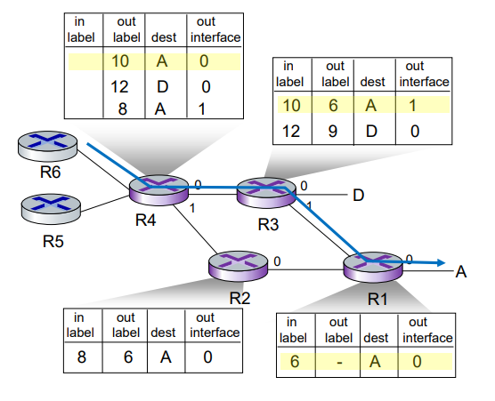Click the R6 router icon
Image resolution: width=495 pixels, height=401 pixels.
click(x=47, y=147)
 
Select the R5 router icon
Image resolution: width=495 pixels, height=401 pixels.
click(x=51, y=209)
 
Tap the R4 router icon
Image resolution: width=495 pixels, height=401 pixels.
click(x=158, y=190)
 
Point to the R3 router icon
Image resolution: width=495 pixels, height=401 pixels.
click(x=266, y=193)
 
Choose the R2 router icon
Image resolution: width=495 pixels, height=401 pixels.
click(x=239, y=266)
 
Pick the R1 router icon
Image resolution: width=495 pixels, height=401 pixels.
click(x=373, y=268)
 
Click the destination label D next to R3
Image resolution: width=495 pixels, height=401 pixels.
click(x=358, y=196)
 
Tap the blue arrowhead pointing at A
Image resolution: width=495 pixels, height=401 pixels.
click(x=441, y=262)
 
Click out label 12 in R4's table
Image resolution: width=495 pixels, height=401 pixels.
click(x=119, y=87)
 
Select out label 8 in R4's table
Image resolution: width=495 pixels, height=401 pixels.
click(x=123, y=109)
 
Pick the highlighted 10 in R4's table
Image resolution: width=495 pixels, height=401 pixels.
click(x=120, y=60)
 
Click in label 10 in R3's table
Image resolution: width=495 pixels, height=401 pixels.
click(x=291, y=105)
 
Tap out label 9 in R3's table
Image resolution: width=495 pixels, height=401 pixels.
click(x=333, y=131)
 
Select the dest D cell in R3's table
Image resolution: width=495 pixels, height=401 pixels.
click(x=371, y=131)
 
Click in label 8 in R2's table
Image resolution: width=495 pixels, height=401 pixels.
click(x=81, y=357)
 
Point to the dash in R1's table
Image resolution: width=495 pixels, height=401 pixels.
click(x=339, y=363)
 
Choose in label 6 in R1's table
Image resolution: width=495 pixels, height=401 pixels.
click(x=295, y=361)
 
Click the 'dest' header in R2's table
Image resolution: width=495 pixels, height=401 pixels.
click(x=163, y=333)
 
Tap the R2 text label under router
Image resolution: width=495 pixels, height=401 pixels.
click(x=239, y=298)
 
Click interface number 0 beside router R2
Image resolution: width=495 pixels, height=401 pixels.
click(x=277, y=261)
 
